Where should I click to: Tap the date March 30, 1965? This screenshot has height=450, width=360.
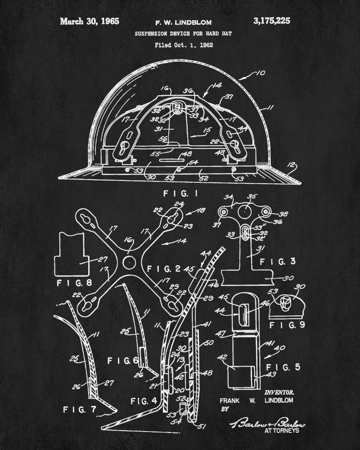click(x=90, y=21)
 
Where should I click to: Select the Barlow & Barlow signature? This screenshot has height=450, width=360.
click(x=268, y=422)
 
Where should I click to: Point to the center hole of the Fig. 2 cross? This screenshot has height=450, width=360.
click(x=129, y=261)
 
